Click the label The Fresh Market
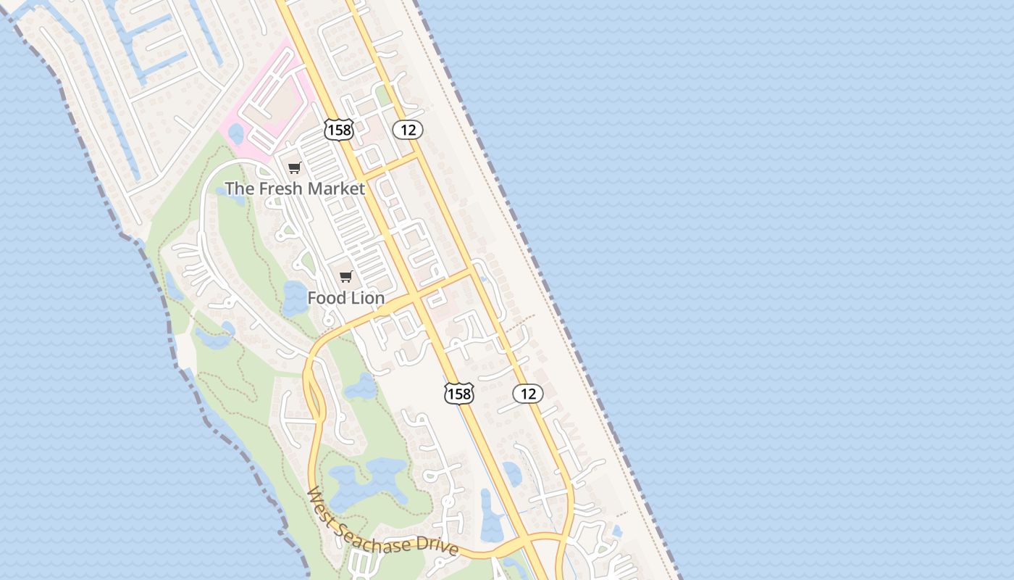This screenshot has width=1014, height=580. [x=295, y=188]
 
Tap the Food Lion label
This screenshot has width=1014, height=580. [x=345, y=298]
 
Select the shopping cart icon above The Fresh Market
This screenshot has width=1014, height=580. [x=294, y=168]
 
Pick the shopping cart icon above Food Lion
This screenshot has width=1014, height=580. [x=345, y=276]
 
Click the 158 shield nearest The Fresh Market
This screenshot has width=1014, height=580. [x=338, y=130]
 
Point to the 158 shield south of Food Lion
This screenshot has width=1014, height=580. [x=458, y=394]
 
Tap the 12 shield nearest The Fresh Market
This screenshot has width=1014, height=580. [x=408, y=130]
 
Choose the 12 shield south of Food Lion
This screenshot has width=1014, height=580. [x=528, y=394]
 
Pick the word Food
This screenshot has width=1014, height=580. [x=327, y=298]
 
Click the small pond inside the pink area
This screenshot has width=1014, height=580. [x=236, y=133]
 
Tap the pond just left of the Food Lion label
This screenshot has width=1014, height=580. [x=295, y=297]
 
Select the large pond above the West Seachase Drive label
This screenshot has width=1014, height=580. [x=362, y=482]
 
